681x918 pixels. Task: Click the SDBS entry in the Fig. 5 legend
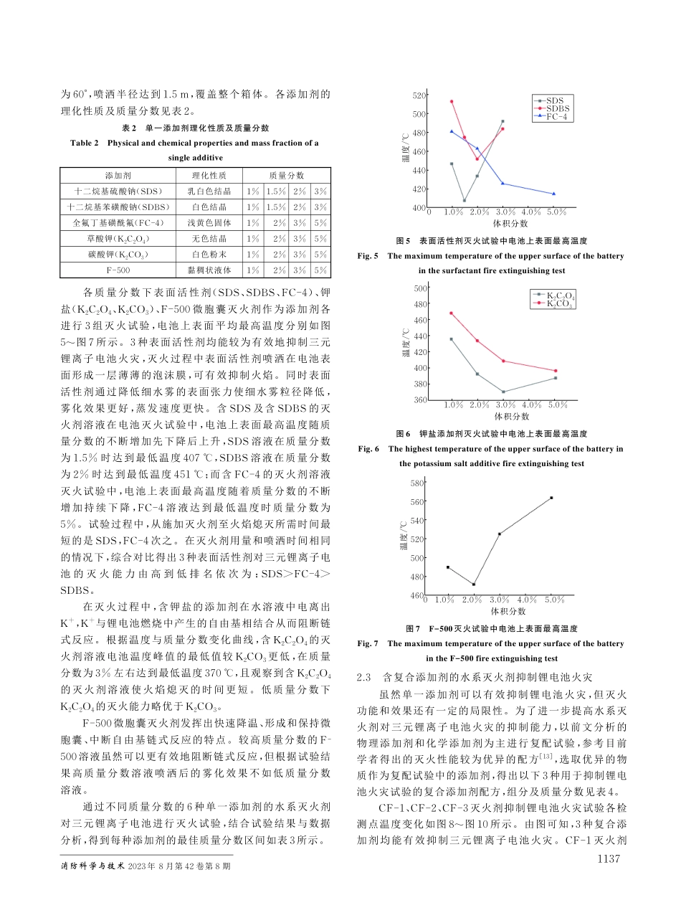[557, 108]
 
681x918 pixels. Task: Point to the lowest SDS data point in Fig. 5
[464, 201]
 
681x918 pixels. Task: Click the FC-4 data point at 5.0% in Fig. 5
[554, 194]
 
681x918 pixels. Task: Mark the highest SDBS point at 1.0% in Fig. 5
[451, 101]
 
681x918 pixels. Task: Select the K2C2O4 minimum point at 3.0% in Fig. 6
[503, 392]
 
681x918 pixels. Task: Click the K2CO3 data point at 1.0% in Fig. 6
[451, 313]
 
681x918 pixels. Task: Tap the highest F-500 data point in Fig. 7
[551, 498]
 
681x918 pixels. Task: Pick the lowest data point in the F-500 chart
[474, 585]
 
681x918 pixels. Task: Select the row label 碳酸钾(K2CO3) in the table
[118, 255]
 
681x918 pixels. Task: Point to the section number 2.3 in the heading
[363, 678]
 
